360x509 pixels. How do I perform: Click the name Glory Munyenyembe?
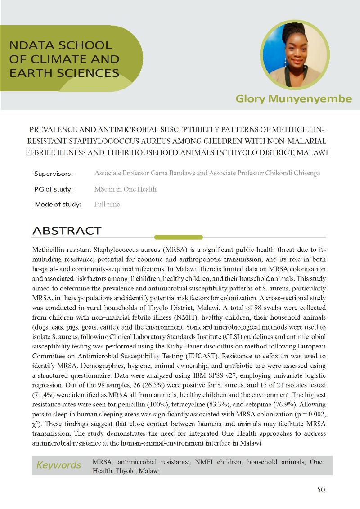click(293, 99)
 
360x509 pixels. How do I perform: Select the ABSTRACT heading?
click(67, 231)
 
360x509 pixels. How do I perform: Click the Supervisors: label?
click(54, 174)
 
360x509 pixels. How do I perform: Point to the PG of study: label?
click(54, 189)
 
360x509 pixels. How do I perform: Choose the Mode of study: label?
click(58, 204)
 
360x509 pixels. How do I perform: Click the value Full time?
click(107, 204)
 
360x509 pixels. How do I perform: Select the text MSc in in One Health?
click(126, 189)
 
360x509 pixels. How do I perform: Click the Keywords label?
click(58, 465)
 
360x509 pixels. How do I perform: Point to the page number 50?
click(321, 490)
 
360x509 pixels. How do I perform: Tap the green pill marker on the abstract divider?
click(172, 237)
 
